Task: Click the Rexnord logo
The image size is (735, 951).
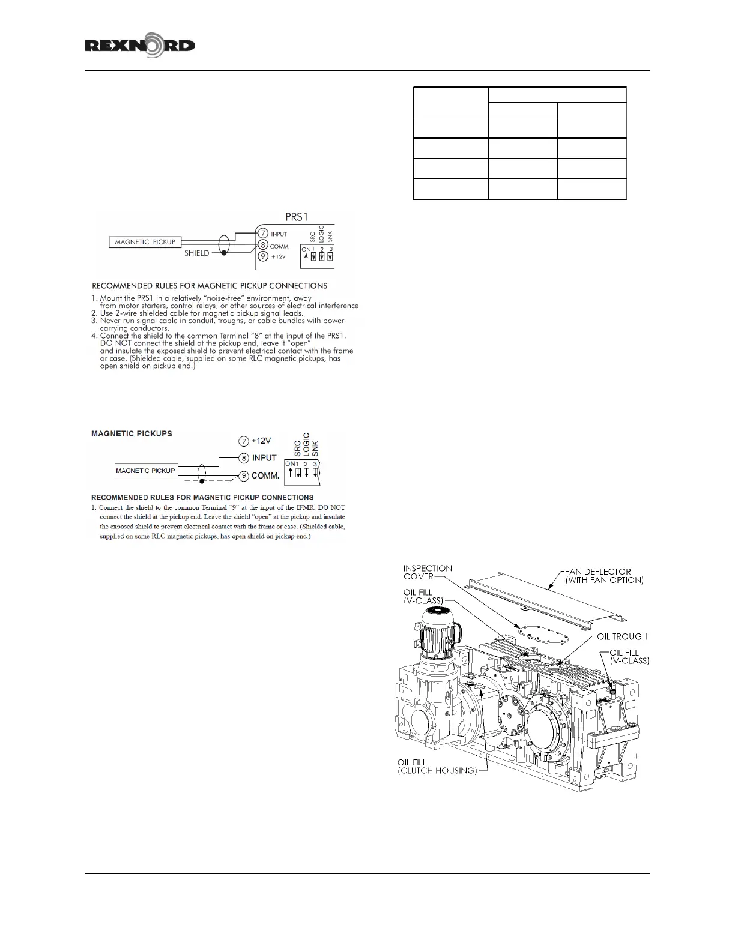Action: coord(140,46)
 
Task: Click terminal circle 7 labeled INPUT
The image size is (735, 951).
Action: coord(262,234)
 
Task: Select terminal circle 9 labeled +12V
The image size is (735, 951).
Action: coord(262,256)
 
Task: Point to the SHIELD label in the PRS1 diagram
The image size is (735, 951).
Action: coord(196,253)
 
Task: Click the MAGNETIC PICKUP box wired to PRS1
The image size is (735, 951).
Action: coord(145,242)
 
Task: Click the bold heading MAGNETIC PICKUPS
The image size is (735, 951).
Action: coord(132,433)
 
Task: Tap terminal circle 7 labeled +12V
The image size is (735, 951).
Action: coord(243,441)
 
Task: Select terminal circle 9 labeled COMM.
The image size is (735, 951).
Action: coord(244,475)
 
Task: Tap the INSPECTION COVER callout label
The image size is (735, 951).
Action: coord(427,572)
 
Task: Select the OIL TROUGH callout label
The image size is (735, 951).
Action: coord(622,636)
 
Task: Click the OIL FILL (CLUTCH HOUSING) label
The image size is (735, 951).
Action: coord(437,767)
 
